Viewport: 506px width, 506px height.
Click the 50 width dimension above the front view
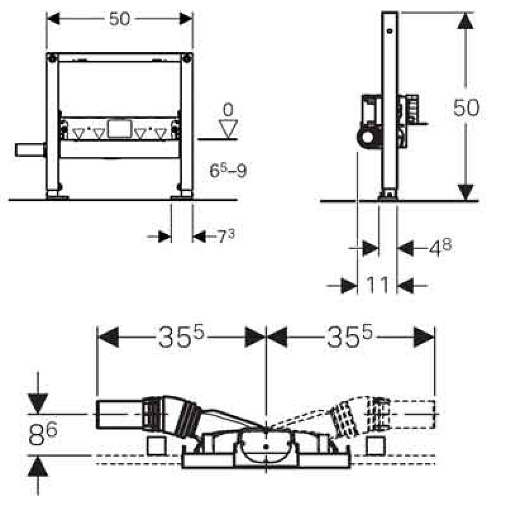pos(119,19)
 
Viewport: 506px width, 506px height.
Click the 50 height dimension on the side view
pos(466,108)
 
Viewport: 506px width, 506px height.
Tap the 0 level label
pos(227,108)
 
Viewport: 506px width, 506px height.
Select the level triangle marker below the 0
pos(227,128)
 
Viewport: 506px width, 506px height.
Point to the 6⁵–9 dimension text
pos(228,170)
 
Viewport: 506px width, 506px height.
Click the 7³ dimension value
pos(226,237)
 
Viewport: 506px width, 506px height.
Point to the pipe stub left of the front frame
pos(30,151)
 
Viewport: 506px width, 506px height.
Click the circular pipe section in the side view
pos(366,138)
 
